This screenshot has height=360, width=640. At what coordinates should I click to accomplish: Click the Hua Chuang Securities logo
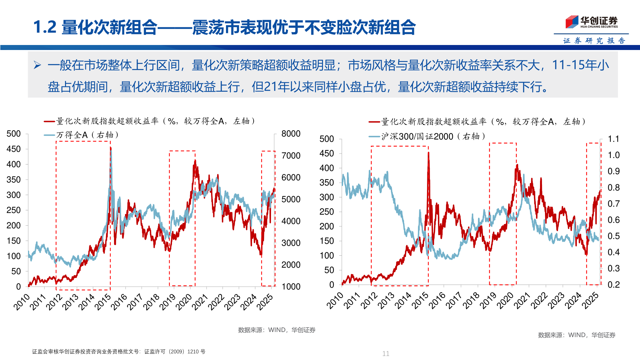point(591,22)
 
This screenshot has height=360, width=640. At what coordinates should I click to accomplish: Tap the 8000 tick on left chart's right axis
point(291,134)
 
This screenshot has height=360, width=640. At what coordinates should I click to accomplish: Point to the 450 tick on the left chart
point(14,149)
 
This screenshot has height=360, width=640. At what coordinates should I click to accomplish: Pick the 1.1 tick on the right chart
point(613,139)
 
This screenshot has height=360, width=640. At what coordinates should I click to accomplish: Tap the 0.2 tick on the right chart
point(613,285)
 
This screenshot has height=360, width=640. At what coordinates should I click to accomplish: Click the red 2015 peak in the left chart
point(110,148)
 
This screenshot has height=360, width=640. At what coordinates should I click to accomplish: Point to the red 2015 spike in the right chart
point(428,153)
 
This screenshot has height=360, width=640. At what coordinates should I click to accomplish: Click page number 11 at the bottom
point(386,354)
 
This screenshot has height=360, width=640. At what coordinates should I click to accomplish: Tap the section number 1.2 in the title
point(45,27)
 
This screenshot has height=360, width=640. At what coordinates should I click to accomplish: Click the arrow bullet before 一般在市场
point(37,65)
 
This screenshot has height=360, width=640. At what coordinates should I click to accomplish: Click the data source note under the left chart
point(277,330)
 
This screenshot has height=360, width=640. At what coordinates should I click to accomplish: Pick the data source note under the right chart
point(577,335)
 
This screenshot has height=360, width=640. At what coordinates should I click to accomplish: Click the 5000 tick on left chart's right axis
point(291,199)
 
